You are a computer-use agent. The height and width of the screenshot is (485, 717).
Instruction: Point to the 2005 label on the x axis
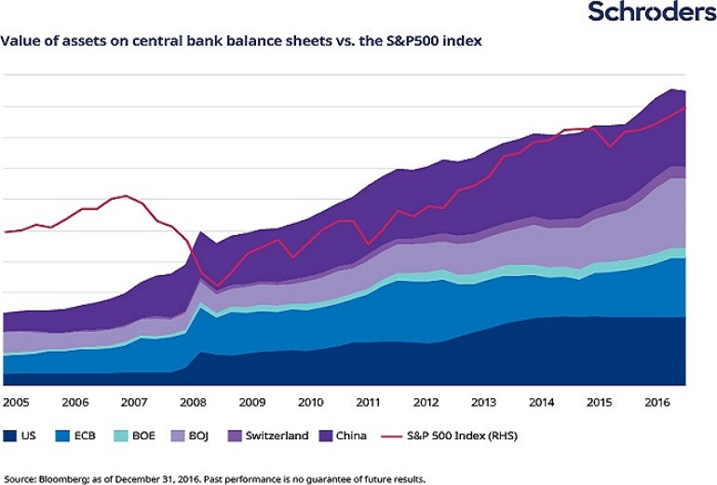(x=17, y=402)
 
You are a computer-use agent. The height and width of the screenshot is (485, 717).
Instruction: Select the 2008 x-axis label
(x=194, y=402)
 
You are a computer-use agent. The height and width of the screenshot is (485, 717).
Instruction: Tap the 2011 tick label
(x=369, y=402)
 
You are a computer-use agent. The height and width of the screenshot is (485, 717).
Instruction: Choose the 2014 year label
(x=544, y=402)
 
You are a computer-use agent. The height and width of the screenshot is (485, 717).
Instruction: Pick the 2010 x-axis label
(x=310, y=402)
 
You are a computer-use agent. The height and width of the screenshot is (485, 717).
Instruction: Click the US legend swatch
(x=12, y=436)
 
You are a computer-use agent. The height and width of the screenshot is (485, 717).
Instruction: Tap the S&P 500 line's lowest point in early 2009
(x=218, y=285)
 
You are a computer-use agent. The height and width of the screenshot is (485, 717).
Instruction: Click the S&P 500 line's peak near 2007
(x=126, y=196)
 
